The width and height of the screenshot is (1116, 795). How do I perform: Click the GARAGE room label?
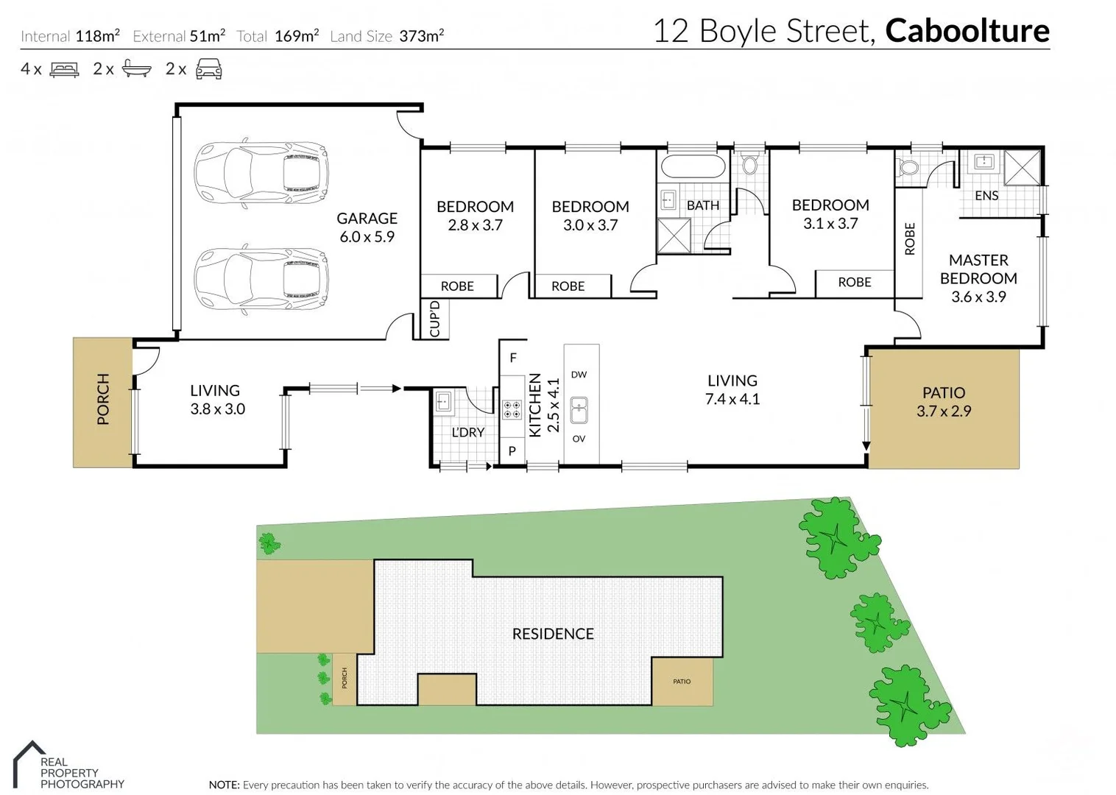pos(367,219)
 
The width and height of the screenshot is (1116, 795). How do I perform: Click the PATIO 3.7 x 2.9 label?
pos(943,402)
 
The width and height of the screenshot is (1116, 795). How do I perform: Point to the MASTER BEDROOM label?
pos(978,269)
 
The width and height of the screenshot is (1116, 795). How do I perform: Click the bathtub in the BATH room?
pos(693,166)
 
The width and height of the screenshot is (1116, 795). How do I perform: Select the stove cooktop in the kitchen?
pos(512,410)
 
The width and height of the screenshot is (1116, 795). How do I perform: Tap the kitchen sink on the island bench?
pos(579,410)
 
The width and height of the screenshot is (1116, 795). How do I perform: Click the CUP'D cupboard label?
pos(434,319)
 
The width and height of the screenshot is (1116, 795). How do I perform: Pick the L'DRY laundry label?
pos(468,432)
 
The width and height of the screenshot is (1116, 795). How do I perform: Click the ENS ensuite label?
pos(986,196)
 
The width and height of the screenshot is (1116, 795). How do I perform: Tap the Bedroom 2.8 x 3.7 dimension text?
pos(475,225)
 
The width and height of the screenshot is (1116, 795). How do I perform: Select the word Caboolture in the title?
pos(967,31)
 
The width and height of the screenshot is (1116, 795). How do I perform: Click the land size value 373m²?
pos(421,36)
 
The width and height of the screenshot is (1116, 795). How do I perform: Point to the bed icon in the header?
pos(64,69)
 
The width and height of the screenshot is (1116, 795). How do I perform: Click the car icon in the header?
pos(208,69)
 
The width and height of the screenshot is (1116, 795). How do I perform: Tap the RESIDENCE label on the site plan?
pos(553,634)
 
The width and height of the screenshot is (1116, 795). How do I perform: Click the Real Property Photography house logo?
pos(28,763)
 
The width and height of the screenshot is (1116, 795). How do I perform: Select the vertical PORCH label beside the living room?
pos(103,399)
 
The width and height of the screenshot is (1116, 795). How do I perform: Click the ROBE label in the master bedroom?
pos(909,239)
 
